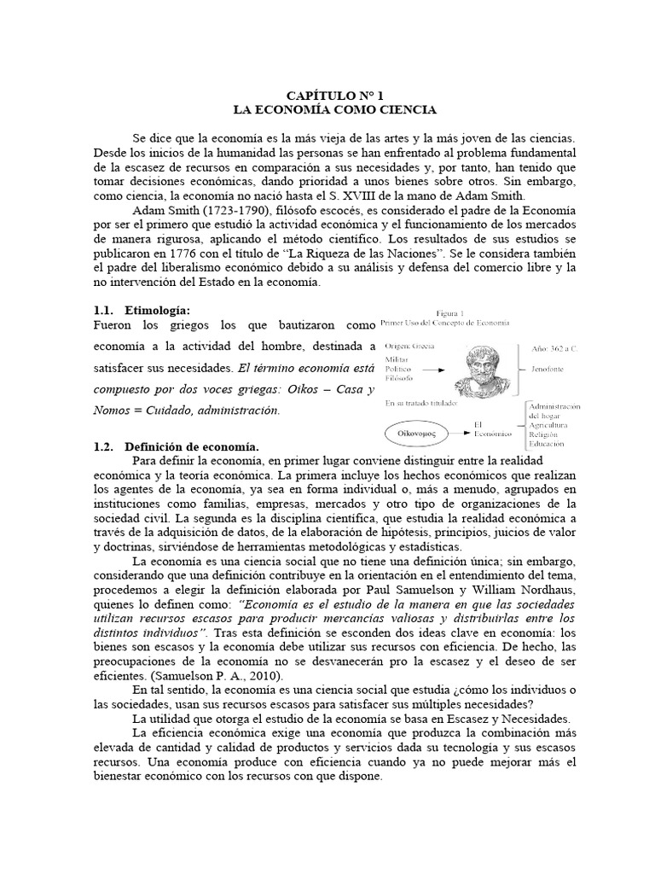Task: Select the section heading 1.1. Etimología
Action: pos(142,310)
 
